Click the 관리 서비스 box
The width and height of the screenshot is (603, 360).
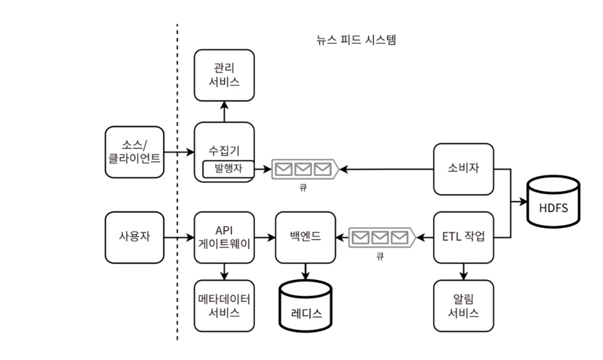click(x=224, y=75)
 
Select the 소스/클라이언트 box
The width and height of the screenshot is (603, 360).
click(x=135, y=152)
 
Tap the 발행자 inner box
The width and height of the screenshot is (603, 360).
click(x=228, y=169)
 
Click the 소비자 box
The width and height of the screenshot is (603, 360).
click(x=463, y=169)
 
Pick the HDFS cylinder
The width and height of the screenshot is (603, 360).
click(x=554, y=202)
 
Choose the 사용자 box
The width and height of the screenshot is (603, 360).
click(x=135, y=238)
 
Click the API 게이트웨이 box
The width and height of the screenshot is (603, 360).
click(x=224, y=238)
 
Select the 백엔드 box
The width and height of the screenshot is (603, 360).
click(x=305, y=238)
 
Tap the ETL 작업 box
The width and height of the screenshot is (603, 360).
click(x=463, y=238)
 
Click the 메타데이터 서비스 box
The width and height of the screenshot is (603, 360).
click(x=224, y=306)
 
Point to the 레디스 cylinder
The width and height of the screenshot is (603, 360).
click(x=305, y=306)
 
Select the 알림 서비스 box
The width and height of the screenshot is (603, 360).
click(x=463, y=306)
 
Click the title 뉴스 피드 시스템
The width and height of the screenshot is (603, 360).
click(x=356, y=39)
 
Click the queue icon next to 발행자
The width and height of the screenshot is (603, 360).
click(x=305, y=169)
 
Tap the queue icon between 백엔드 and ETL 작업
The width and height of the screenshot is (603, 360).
click(x=382, y=238)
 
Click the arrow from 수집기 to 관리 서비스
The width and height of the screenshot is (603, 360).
click(x=225, y=112)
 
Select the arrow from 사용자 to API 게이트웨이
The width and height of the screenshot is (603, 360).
click(x=179, y=238)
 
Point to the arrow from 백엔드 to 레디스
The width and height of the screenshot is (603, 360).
click(x=305, y=271)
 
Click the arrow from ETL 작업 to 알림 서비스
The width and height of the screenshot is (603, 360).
click(x=463, y=271)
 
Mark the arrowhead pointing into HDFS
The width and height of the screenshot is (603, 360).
click(x=523, y=202)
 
